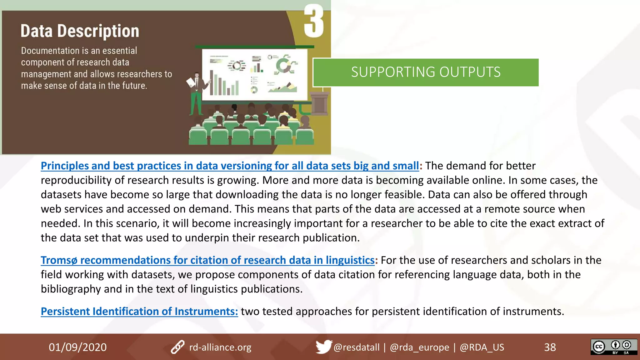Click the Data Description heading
pyautogui.click(x=80, y=31)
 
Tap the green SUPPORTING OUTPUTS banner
pyautogui.click(x=426, y=72)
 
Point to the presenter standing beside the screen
pyautogui.click(x=197, y=94)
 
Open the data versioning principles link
pyautogui.click(x=230, y=166)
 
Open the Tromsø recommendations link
pyautogui.click(x=207, y=260)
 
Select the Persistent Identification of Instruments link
pyautogui.click(x=139, y=311)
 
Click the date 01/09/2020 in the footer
pyautogui.click(x=77, y=347)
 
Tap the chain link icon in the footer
pyautogui.click(x=177, y=347)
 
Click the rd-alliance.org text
pyautogui.click(x=220, y=347)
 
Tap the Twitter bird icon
pyautogui.click(x=323, y=347)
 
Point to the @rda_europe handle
pyautogui.click(x=419, y=347)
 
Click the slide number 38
pyautogui.click(x=550, y=347)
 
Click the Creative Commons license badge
pyautogui.click(x=613, y=347)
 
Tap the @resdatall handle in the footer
pyautogui.click(x=356, y=347)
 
